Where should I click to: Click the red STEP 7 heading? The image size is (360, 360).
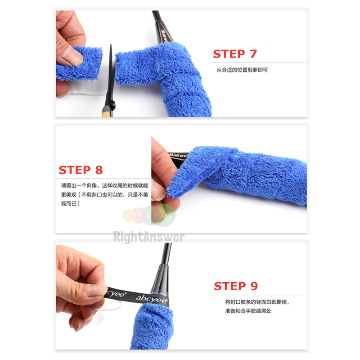tap(234, 54)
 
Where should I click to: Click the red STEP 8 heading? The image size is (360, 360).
tap(81, 170)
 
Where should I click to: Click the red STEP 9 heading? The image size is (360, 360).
tap(235, 286)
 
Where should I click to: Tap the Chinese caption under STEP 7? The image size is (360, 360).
tap(242, 70)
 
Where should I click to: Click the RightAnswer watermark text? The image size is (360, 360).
tap(148, 237)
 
